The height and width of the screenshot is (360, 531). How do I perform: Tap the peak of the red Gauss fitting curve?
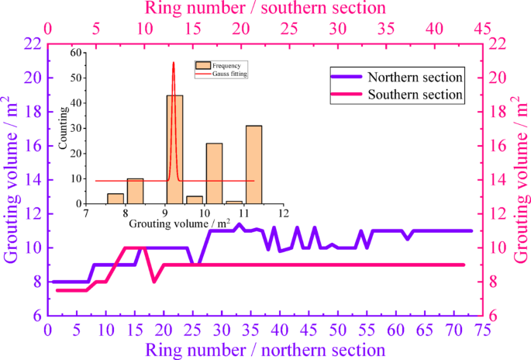coord(174,63)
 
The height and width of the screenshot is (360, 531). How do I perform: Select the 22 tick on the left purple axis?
coord(33,44)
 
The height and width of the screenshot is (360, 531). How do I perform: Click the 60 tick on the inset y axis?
coord(77,53)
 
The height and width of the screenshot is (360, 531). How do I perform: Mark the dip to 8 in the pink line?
coord(153,282)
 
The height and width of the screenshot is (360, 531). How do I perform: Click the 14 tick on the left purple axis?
coord(33,180)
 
